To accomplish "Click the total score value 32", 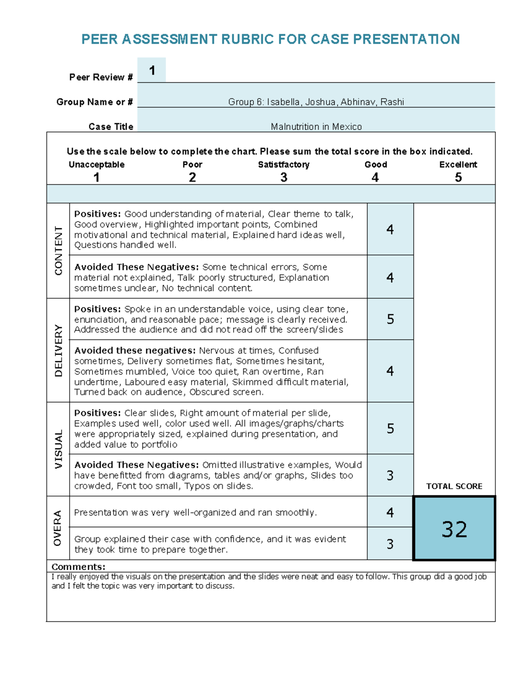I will pyautogui.click(x=454, y=529).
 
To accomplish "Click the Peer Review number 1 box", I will pyautogui.click(x=152, y=70).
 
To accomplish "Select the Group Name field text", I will pyautogui.click(x=316, y=102).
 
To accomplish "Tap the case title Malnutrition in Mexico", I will pyautogui.click(x=316, y=127).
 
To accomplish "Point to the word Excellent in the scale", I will pyautogui.click(x=458, y=165).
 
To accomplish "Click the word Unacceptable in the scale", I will pyautogui.click(x=96, y=165).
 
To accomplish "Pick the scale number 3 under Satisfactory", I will pyautogui.click(x=284, y=177).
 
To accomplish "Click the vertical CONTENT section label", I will pyautogui.click(x=58, y=251).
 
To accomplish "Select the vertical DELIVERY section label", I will pyautogui.click(x=58, y=350).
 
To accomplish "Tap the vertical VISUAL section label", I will pyautogui.click(x=58, y=449).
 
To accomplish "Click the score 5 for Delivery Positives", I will pyautogui.click(x=390, y=319).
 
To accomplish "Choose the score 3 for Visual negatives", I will pyautogui.click(x=390, y=476).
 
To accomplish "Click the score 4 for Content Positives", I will pyautogui.click(x=390, y=229).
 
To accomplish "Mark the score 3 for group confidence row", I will pyautogui.click(x=390, y=544).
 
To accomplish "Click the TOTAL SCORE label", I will pyautogui.click(x=454, y=486).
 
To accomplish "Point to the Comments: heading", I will pyautogui.click(x=78, y=567).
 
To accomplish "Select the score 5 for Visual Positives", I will pyautogui.click(x=390, y=428).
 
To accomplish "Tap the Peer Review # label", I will pyautogui.click(x=101, y=78).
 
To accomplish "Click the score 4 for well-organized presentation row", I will pyautogui.click(x=390, y=512).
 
